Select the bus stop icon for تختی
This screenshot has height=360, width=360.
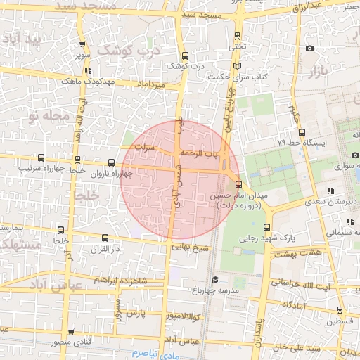pos(237,35)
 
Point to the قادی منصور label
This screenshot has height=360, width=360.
pos(70,342)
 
